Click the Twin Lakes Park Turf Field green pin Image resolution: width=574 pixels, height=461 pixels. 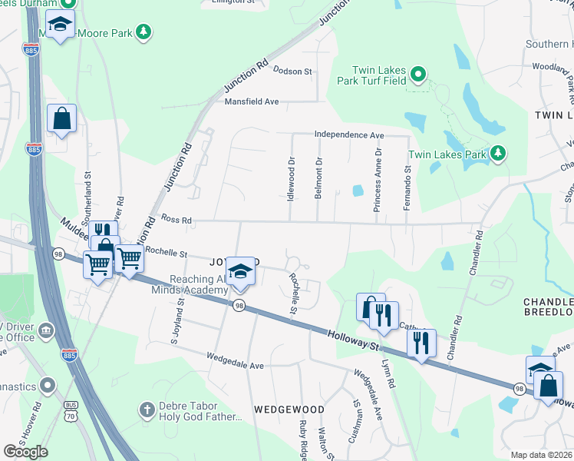(x=417, y=75)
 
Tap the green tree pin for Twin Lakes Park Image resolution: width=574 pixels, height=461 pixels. (x=498, y=154)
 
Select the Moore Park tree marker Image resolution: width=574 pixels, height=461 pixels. (x=142, y=32)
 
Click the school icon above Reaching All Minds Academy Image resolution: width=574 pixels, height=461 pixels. (x=241, y=272)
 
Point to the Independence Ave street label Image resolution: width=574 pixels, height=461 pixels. (x=348, y=135)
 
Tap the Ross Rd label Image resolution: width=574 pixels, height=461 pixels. (x=175, y=221)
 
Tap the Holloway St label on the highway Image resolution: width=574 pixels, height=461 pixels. (x=353, y=340)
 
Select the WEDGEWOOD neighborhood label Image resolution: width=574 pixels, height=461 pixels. (x=289, y=410)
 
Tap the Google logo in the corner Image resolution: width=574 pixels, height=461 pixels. (x=25, y=452)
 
